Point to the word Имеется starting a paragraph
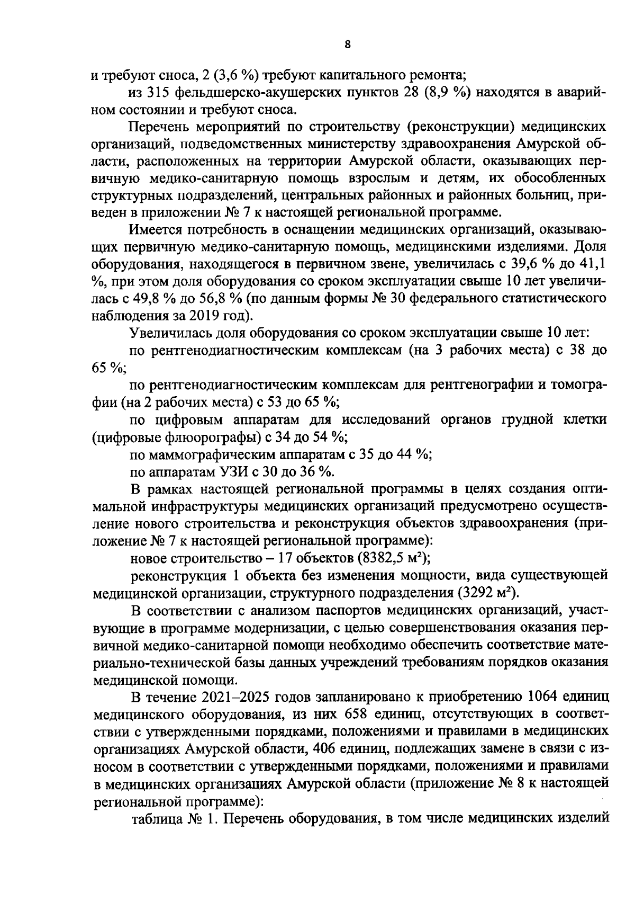coord(154,230)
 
